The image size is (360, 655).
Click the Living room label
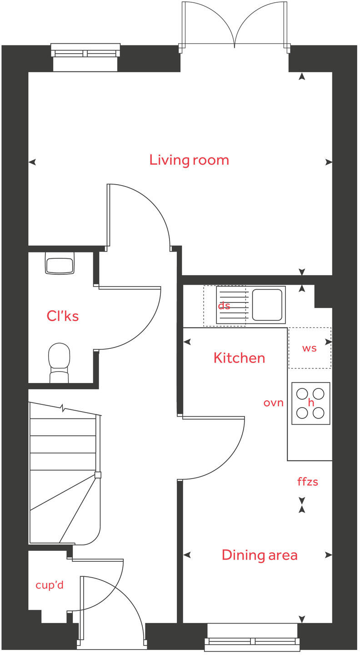[189, 160]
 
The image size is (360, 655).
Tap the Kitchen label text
[239, 358]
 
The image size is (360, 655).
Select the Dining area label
[260, 555]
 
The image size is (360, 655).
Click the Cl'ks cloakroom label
[63, 316]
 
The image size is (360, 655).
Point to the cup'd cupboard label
[50, 585]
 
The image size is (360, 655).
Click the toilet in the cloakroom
[59, 362]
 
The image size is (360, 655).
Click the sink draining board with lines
[233, 305]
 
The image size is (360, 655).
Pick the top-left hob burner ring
[302, 393]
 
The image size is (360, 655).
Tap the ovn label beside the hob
[274, 403]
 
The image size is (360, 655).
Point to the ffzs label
[308, 482]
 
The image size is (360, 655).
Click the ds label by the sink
[224, 306]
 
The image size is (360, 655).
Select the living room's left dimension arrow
[32, 162]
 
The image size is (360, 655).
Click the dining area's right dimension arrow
[329, 555]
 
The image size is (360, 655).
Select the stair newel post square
[98, 475]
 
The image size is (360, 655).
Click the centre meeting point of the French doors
[235, 45]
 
